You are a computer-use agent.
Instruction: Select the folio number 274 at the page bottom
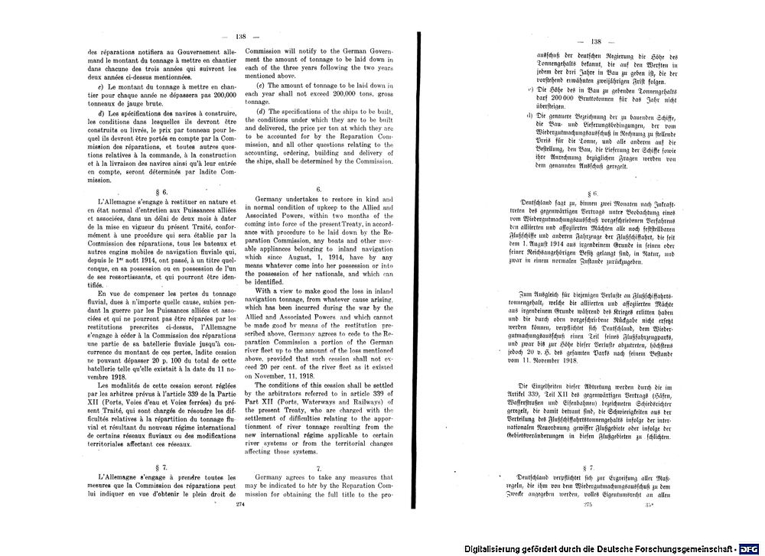[240, 505]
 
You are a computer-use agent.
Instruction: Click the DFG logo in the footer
[749, 548]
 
